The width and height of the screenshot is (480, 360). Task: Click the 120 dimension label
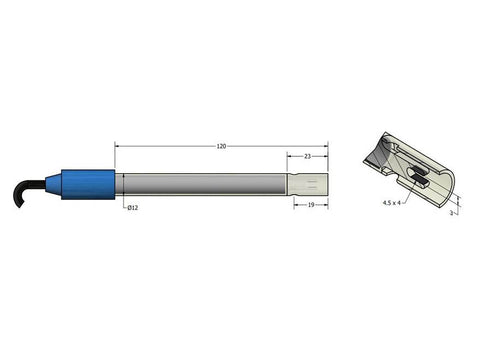[x=220, y=146]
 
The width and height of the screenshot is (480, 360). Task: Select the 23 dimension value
[x=307, y=155]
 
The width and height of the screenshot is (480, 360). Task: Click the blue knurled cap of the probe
[x=89, y=184]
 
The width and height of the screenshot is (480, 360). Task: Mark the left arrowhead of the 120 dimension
[x=118, y=147]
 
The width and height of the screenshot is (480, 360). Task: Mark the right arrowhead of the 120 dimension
[x=327, y=147]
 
